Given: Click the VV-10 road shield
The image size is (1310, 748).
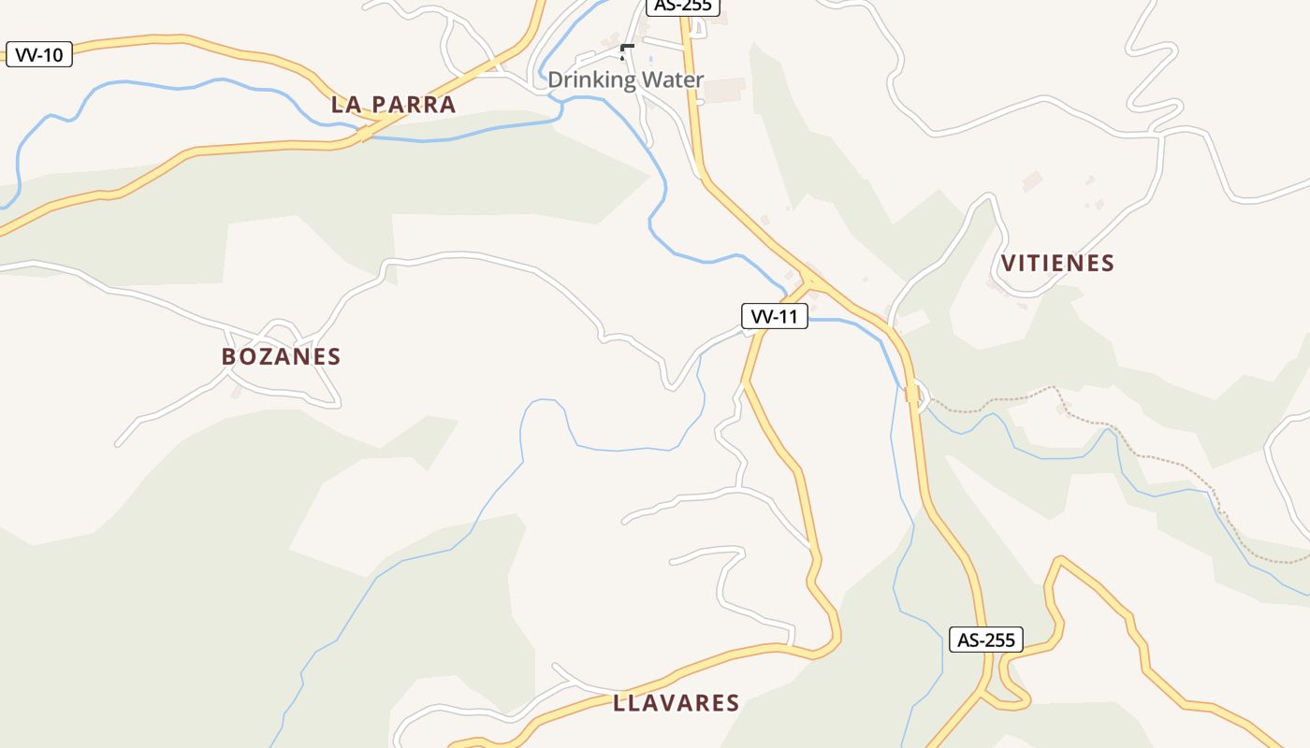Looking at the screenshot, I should [x=39, y=55].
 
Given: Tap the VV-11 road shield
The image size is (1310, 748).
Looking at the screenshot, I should [x=775, y=317].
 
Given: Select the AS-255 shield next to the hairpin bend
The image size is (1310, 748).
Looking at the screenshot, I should [x=986, y=640].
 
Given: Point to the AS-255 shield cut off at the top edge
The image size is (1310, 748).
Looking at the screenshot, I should [x=683, y=6].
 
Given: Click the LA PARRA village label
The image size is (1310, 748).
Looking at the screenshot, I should [x=393, y=105].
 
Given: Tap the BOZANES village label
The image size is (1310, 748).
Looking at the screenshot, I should [x=281, y=356].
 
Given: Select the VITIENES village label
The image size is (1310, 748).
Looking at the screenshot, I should [x=1057, y=264].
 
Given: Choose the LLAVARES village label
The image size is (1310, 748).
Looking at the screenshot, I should [x=677, y=703].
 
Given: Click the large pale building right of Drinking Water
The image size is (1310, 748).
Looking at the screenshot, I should [x=724, y=91].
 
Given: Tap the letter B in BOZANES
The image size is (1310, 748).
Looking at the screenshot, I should [x=228, y=356].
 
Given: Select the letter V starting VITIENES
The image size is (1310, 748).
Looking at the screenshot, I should [x=1008, y=264].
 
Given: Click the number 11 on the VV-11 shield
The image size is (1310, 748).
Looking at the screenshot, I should [x=789, y=317].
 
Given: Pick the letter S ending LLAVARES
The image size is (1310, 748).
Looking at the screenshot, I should [x=733, y=703].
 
